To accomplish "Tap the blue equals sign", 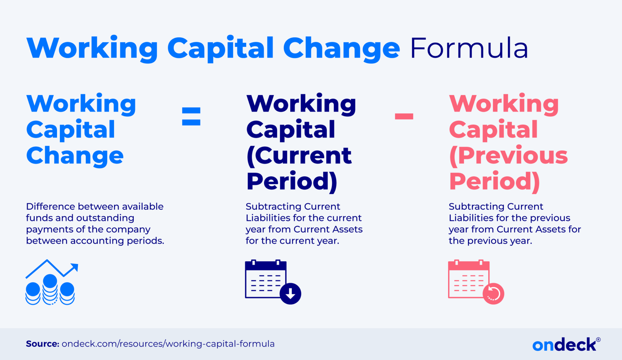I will [191, 116].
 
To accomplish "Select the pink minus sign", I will [404, 116].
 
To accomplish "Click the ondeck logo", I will [564, 344].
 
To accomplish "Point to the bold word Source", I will [42, 344].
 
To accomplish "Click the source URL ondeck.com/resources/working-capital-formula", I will [168, 344].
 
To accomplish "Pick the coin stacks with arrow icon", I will [51, 282].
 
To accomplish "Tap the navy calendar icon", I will [266, 279].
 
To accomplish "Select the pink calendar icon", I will [468, 279].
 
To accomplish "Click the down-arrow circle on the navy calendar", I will [290, 294].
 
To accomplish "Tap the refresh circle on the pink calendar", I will [493, 294].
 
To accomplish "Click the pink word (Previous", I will [508, 156].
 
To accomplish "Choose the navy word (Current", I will [299, 156].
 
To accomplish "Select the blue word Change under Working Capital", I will [75, 156].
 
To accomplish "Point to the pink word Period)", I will [494, 181].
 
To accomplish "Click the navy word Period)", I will [292, 181].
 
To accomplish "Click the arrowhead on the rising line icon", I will [75, 267].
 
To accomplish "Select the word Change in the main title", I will [341, 49].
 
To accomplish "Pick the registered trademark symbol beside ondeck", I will [598, 340].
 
